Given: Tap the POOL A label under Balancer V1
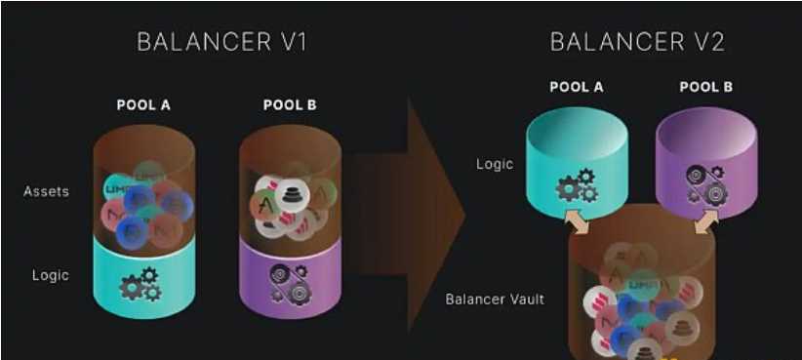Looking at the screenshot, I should click(x=143, y=105).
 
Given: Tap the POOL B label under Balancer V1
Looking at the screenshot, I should click(x=290, y=105).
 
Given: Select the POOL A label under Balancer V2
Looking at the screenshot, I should click(x=576, y=87).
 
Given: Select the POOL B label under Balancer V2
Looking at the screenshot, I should click(x=705, y=87).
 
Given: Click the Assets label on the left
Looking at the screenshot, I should click(x=46, y=191).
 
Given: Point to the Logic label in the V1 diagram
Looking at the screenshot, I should click(x=50, y=275).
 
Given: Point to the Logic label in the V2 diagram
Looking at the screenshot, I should click(x=495, y=164).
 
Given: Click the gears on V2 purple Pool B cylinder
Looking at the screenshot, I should click(x=703, y=185).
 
